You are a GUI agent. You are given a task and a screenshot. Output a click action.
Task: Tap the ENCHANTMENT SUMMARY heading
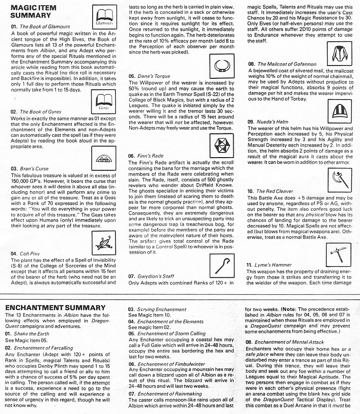[x=55, y=308]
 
